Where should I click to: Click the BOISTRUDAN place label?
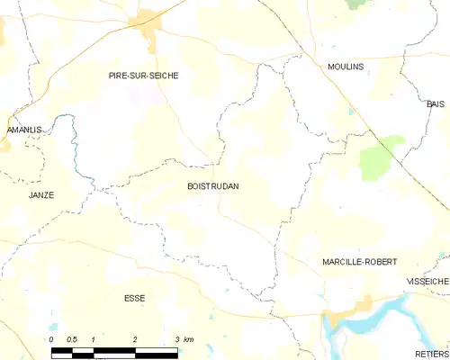[213, 186]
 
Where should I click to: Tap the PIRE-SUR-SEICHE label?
[143, 76]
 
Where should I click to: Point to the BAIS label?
[436, 104]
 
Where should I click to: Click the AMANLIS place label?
[24, 130]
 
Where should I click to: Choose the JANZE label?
[40, 194]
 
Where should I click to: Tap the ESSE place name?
[134, 298]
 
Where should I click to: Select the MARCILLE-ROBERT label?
[360, 261]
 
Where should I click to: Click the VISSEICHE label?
[427, 281]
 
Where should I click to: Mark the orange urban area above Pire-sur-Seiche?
[148, 27]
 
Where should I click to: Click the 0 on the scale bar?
[52, 339]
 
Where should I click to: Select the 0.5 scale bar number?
[71, 339]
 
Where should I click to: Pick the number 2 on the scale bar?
[134, 339]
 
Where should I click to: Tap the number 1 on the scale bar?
[93, 339]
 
